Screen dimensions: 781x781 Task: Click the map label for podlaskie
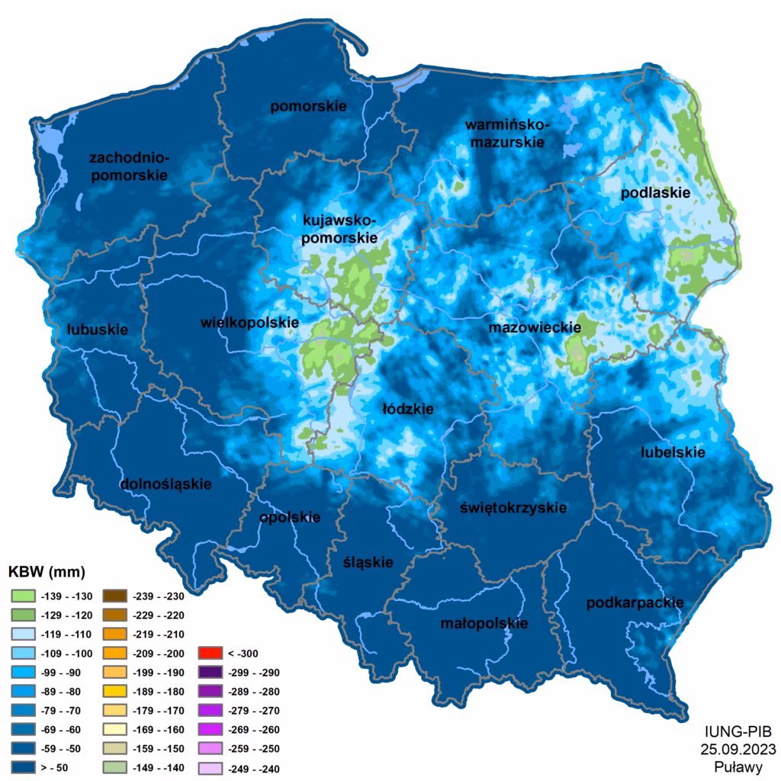(655, 193)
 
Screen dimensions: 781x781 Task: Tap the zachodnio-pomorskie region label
(128, 166)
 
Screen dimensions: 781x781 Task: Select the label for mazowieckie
(535, 328)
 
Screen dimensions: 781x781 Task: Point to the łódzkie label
(408, 409)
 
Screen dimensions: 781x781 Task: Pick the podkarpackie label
(635, 603)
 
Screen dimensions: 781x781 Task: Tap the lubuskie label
(97, 329)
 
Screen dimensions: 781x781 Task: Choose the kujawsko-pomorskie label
(340, 229)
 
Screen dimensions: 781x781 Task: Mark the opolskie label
(290, 517)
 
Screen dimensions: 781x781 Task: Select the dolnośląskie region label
(166, 484)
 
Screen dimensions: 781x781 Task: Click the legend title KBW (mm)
(46, 572)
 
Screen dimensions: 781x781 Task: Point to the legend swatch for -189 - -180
(116, 691)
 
